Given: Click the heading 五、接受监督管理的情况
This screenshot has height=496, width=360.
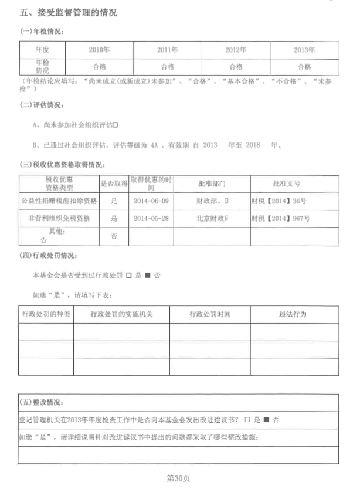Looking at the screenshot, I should coord(68,12).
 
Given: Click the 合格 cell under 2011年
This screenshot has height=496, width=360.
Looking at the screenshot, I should coord(168,67).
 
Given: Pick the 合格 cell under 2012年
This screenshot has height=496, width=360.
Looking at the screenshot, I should coord(236,67).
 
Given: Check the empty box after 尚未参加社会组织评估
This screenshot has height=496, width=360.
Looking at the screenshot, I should coord(116,124).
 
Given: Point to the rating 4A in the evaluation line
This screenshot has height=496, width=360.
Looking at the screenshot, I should coord(155,145).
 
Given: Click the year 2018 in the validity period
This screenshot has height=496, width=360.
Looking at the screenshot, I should coord(253,145).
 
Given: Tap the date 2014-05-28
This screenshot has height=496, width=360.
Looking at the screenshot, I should coord(151,218).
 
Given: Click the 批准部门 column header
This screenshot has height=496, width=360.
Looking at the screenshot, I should coord(212,184).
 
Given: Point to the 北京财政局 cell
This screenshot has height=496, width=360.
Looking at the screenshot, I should coord(212,218).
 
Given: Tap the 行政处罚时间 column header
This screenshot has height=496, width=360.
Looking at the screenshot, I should coord(210,314).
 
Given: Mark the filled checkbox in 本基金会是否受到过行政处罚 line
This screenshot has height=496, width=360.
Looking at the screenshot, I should coord(148,275).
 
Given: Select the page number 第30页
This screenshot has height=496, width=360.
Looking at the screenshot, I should coord(179,478).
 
